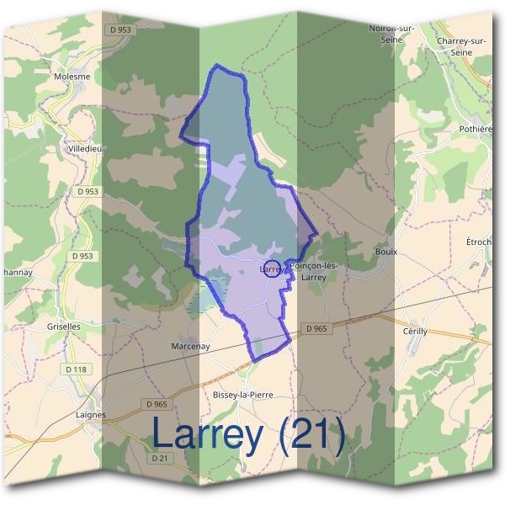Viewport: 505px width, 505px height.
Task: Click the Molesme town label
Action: (72, 76)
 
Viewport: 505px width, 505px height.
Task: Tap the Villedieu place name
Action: (85, 149)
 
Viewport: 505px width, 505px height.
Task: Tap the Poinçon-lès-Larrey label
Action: (313, 271)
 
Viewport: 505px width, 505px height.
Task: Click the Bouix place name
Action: (386, 252)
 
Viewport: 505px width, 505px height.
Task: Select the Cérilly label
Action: (415, 332)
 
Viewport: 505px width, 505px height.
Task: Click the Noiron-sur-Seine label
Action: (392, 33)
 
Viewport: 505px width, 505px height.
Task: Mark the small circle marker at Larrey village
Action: (273, 270)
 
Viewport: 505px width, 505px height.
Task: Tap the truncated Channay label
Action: (17, 272)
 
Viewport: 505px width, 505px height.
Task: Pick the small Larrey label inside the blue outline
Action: (268, 268)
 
